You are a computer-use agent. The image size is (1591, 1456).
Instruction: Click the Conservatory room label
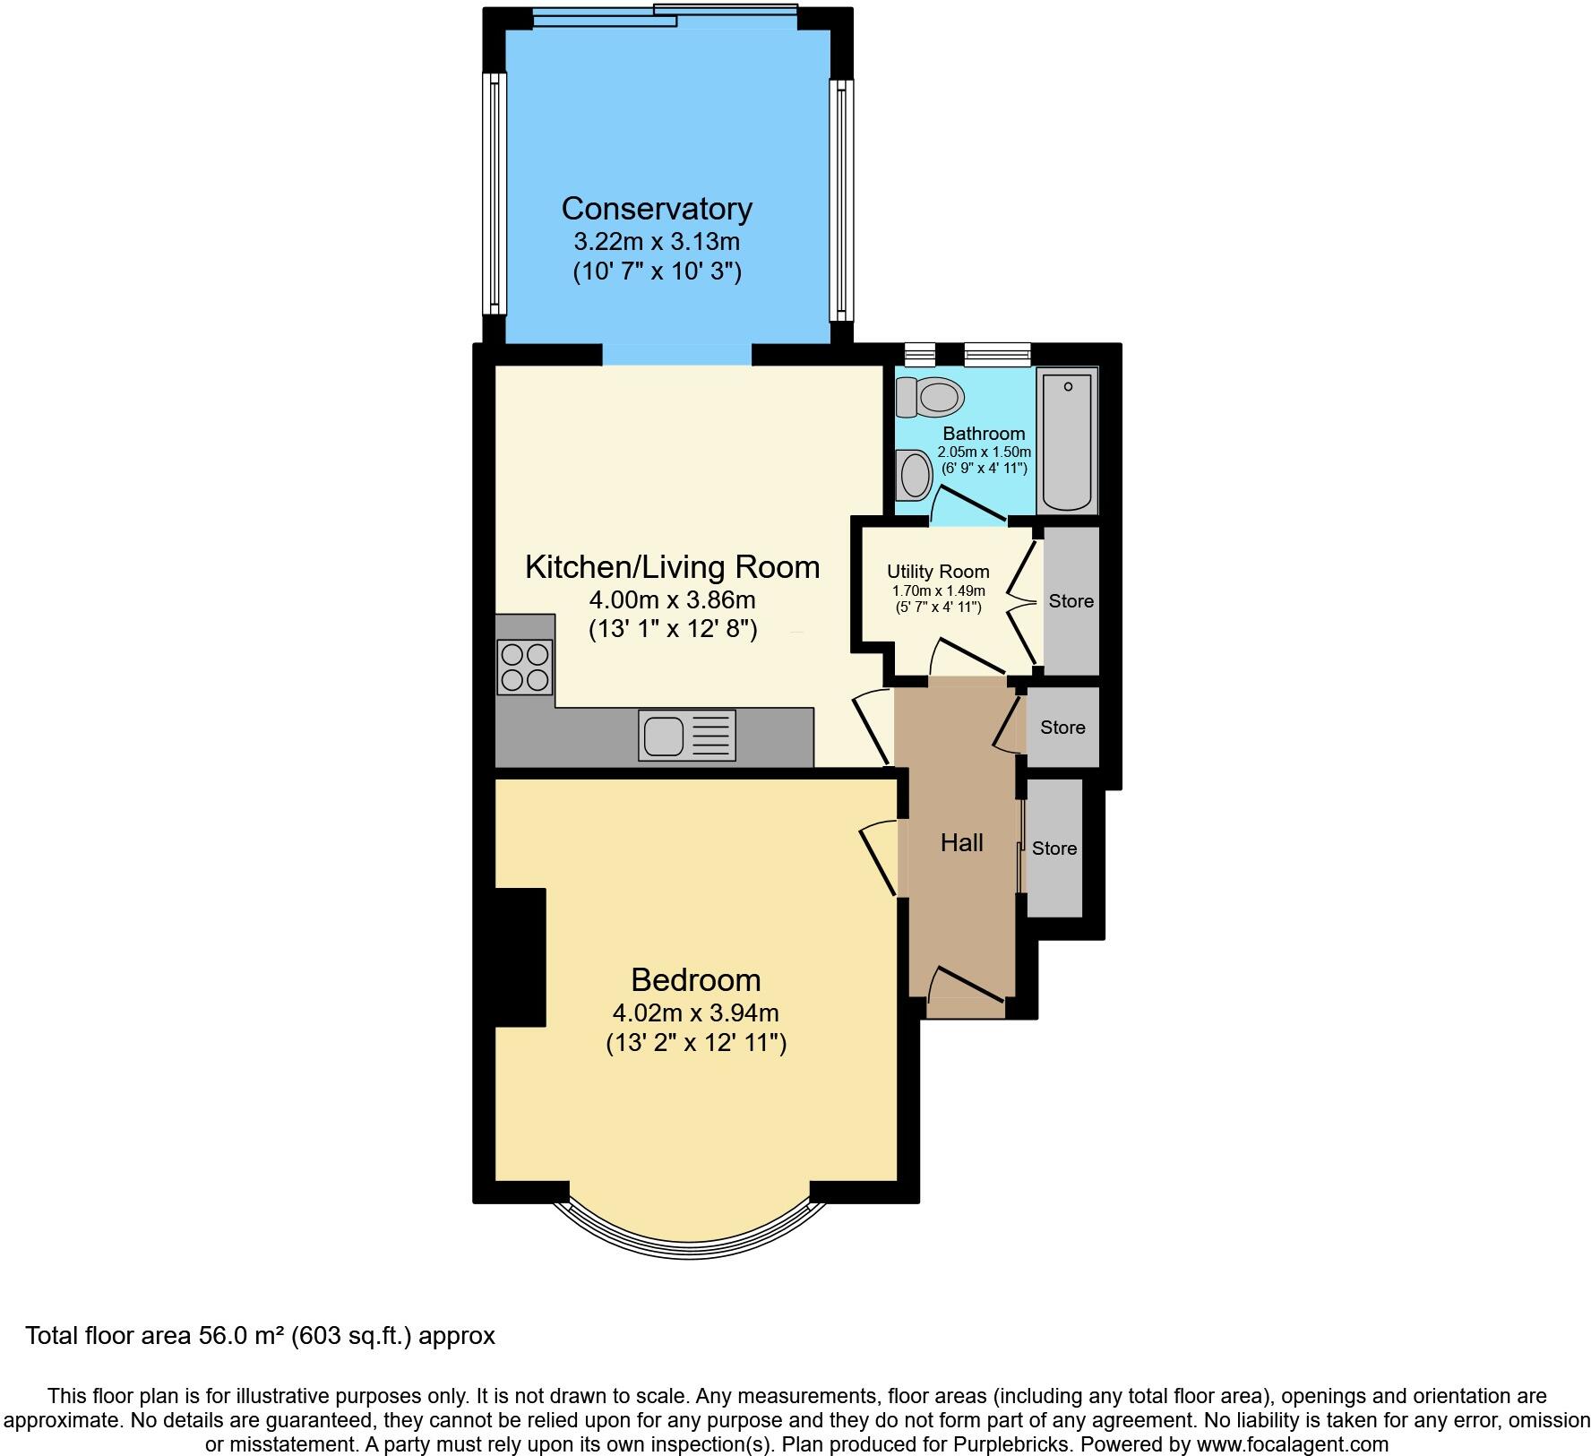(657, 209)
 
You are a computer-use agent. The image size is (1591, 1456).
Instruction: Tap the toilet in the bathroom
(930, 396)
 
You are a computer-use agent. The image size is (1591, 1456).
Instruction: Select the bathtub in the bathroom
(1067, 441)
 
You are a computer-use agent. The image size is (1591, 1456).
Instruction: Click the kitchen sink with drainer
(687, 736)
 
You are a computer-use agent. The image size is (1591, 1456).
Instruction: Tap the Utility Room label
(938, 572)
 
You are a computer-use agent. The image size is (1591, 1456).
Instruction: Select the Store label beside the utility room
(1071, 601)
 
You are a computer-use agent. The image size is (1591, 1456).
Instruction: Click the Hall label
(961, 842)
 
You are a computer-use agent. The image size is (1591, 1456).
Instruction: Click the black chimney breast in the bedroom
(520, 957)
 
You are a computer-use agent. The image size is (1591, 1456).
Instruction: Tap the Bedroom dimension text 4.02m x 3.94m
(695, 1013)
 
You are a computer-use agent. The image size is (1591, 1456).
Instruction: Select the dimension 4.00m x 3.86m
(672, 599)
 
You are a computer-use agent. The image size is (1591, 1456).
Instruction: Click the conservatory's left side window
(493, 194)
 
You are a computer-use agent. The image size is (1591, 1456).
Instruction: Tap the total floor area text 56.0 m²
(260, 1336)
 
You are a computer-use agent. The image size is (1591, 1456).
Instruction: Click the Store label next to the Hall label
(1053, 849)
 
